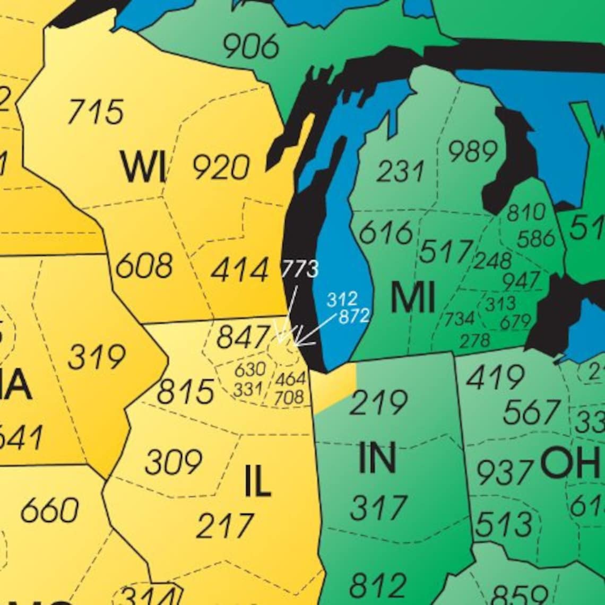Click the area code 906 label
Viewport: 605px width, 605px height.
coord(250,46)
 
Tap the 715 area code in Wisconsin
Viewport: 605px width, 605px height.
coord(96,111)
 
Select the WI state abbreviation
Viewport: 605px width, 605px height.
coord(142,167)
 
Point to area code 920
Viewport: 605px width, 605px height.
coord(221,168)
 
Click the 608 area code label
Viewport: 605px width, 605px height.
coord(144,266)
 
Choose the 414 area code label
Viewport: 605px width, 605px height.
coord(240,270)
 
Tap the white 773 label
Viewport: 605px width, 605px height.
coord(299,269)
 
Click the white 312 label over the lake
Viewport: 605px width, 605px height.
coord(341,299)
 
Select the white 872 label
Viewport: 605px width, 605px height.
coord(354,316)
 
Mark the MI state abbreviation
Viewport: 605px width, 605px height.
coord(412,298)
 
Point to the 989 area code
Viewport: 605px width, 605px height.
coord(473,152)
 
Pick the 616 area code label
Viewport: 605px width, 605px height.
coord(386,233)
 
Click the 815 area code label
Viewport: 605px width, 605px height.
coord(186,392)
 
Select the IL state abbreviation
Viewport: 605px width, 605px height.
coord(257,482)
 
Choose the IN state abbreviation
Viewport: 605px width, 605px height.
coord(377,458)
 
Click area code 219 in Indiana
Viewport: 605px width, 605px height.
coord(378,403)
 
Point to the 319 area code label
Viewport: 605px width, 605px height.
coord(96,357)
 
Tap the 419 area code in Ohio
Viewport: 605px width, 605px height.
coord(495,378)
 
